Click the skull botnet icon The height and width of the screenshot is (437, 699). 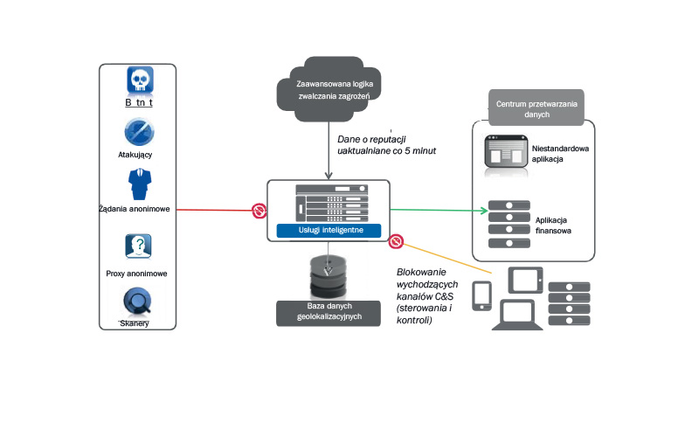coord(140,81)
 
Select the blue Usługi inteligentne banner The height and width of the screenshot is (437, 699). coord(327,230)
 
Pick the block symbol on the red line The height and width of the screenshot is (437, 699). coord(260,211)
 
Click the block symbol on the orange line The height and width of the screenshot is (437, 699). coord(395,239)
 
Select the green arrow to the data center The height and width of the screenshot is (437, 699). coord(437,211)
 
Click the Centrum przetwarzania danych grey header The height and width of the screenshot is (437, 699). coord(534,110)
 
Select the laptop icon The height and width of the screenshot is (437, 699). coord(517,312)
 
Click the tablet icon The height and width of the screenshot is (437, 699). coord(527,280)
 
